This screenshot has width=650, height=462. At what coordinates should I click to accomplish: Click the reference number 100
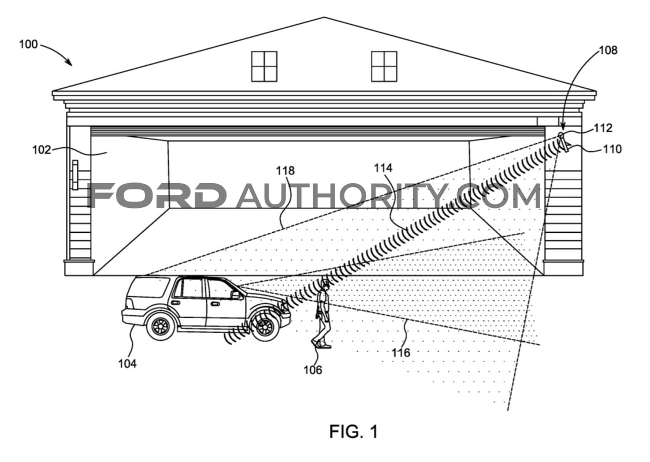28,44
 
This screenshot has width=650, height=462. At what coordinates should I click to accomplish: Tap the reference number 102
42,150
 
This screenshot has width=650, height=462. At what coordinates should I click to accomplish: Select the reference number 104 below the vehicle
127,363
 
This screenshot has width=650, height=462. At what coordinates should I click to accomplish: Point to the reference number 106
313,370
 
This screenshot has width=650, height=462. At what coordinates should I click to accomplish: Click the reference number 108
608,50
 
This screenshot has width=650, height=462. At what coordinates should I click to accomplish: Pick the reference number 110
612,149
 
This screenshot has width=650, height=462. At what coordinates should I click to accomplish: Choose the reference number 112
603,128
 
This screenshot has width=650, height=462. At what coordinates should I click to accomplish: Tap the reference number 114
383,168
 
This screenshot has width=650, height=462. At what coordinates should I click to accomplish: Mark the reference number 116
401,353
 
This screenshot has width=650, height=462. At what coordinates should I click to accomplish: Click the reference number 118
285,170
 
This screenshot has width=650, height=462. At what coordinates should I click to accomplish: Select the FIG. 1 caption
354,432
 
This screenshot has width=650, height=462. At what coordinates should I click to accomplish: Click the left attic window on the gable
264,67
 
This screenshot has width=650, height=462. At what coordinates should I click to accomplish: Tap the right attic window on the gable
384,67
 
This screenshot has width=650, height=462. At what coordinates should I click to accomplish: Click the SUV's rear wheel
160,326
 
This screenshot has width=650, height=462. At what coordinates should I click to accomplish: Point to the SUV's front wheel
264,327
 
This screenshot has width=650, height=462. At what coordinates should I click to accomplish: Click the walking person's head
325,285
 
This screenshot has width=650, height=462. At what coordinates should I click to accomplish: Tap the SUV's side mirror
236,295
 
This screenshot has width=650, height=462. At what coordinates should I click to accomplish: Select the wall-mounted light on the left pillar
75,175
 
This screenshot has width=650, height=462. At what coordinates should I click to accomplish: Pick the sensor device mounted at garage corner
563,142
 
